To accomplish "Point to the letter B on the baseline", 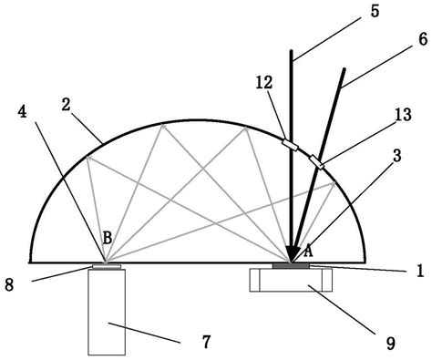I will click(107, 238).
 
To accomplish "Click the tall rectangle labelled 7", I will click(108, 312).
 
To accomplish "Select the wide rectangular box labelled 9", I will click(293, 280).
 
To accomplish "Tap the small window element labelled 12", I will click(289, 146).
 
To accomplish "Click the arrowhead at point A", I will click(293, 252).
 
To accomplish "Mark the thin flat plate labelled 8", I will click(108, 267).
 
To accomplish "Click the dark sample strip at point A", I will click(293, 266).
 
